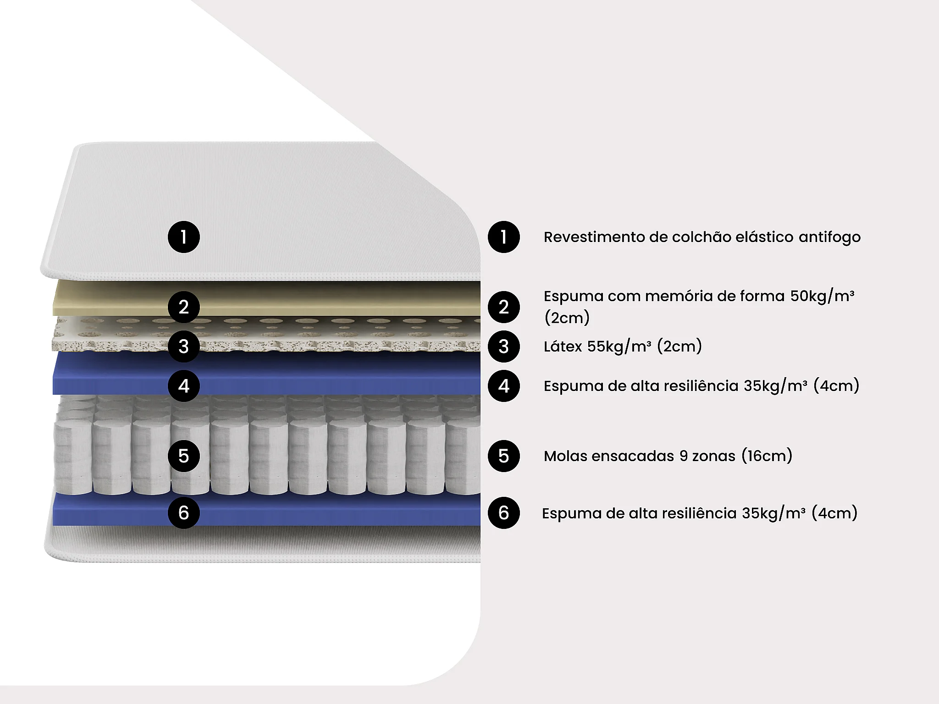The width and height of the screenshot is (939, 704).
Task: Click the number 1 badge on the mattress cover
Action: coord(183,237)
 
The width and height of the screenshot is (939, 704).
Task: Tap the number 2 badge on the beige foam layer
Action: coord(183,307)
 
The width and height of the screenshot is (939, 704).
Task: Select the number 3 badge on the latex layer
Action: coord(183,346)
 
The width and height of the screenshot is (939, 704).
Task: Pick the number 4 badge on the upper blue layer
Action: coord(183,386)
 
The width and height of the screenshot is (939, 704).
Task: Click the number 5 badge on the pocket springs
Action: coord(183,456)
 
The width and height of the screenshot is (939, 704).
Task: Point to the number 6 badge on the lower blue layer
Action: coord(183,512)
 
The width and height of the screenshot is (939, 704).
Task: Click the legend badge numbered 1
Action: coord(503,237)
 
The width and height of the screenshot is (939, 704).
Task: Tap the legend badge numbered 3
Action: coord(503,346)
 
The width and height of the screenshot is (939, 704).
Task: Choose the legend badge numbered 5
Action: coord(503,456)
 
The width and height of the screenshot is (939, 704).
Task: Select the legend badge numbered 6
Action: coord(503,512)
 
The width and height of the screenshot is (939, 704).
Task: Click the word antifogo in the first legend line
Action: coord(829,237)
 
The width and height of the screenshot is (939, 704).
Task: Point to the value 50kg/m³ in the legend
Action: coord(822,296)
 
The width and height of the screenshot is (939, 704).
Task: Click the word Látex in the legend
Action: coord(563,346)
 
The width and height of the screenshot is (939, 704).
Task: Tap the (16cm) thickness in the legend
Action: coord(767,456)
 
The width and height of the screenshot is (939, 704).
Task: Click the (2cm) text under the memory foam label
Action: coord(567,317)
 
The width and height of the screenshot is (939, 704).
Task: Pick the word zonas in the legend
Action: coord(713,456)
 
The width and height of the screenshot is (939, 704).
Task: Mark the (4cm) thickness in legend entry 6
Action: coord(834,513)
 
